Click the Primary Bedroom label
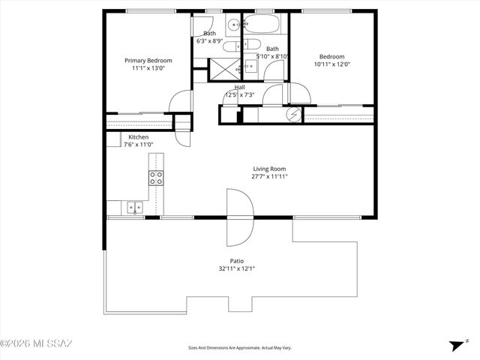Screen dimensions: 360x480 click(x=148, y=61)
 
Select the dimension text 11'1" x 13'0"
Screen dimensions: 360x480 click(x=148, y=69)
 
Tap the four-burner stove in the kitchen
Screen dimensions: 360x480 click(x=156, y=178)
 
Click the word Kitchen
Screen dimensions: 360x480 click(x=138, y=137)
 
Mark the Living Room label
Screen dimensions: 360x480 click(x=268, y=169)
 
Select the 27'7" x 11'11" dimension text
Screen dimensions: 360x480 click(x=268, y=177)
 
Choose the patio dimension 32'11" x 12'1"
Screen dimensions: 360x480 click(x=237, y=268)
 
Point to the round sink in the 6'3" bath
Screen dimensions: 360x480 click(x=233, y=23)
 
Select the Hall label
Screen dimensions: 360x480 click(x=239, y=87)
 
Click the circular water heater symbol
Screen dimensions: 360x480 click(x=295, y=115)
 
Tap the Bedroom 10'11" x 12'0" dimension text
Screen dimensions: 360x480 click(x=331, y=65)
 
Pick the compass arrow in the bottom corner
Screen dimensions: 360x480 click(x=454, y=345)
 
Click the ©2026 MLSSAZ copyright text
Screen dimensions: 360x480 click(x=36, y=344)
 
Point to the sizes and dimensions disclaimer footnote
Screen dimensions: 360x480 click(x=239, y=347)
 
